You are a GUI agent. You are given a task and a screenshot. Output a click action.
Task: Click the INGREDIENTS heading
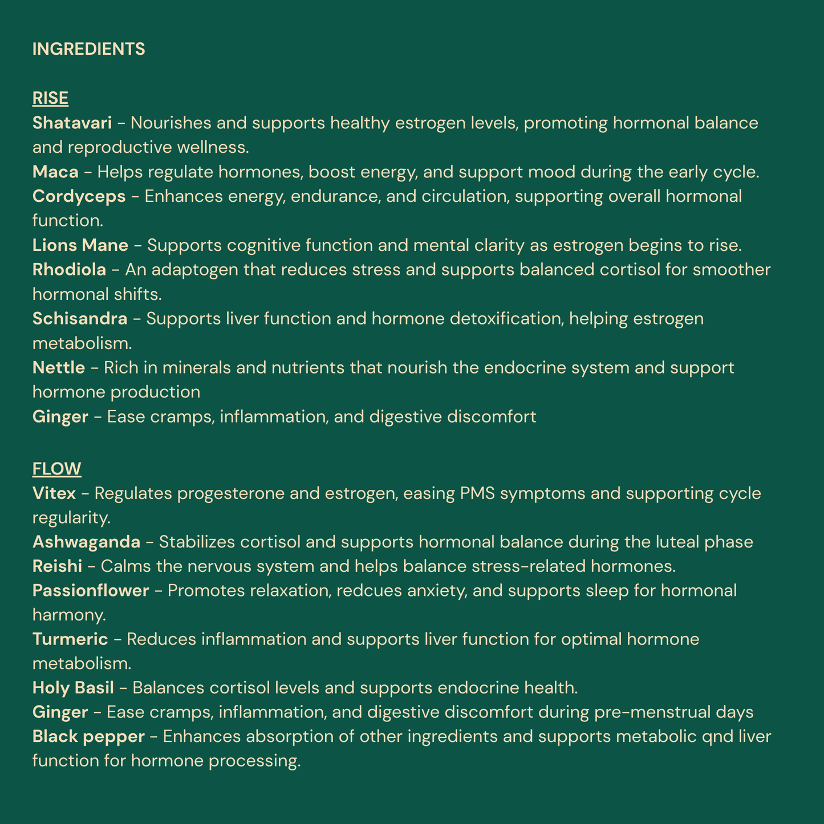pos(88,50)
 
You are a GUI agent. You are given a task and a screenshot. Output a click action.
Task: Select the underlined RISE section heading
pos(50,99)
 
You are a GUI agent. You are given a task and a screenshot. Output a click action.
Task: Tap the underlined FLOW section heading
pos(56,469)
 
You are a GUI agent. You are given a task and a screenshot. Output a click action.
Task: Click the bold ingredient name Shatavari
pos(72,123)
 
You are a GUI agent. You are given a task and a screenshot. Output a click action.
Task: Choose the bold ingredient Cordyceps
pos(79,197)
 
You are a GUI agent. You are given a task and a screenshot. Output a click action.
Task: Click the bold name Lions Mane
pos(80,246)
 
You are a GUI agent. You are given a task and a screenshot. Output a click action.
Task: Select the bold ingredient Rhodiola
pos(69,270)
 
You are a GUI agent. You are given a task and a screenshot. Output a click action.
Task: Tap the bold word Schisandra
pos(80,319)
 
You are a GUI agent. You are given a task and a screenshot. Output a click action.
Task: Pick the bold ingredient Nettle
pos(58,368)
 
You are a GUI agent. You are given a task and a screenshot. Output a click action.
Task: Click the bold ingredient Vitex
pos(54,493)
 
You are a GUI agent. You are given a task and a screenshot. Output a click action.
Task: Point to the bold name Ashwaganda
pos(86,542)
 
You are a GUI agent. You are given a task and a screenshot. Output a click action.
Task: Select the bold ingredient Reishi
pos(57,567)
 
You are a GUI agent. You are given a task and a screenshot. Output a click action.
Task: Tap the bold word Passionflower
pos(91,591)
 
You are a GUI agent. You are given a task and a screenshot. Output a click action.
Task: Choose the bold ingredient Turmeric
pos(70,640)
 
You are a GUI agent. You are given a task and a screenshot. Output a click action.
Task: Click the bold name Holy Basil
pos(73,688)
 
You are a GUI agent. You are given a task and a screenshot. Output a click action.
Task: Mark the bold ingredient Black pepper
pos(88,737)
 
